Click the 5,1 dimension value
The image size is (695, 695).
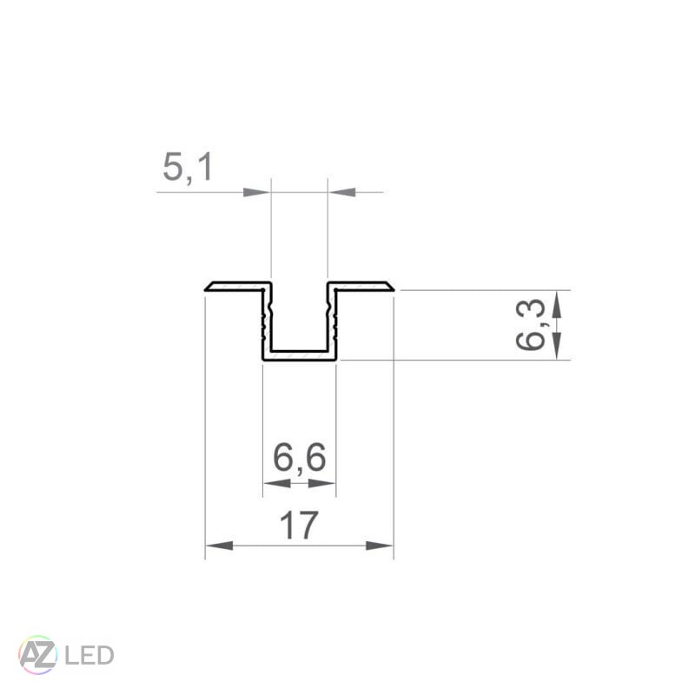[x=188, y=168]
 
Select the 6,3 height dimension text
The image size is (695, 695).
[x=531, y=325]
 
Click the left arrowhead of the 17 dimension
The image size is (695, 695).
[x=217, y=546]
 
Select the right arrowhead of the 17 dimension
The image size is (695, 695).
[x=381, y=546]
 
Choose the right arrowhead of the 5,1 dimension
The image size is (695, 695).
[x=341, y=191]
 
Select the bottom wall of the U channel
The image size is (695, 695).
[x=299, y=354]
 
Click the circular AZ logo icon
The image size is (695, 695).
[x=37, y=653]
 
